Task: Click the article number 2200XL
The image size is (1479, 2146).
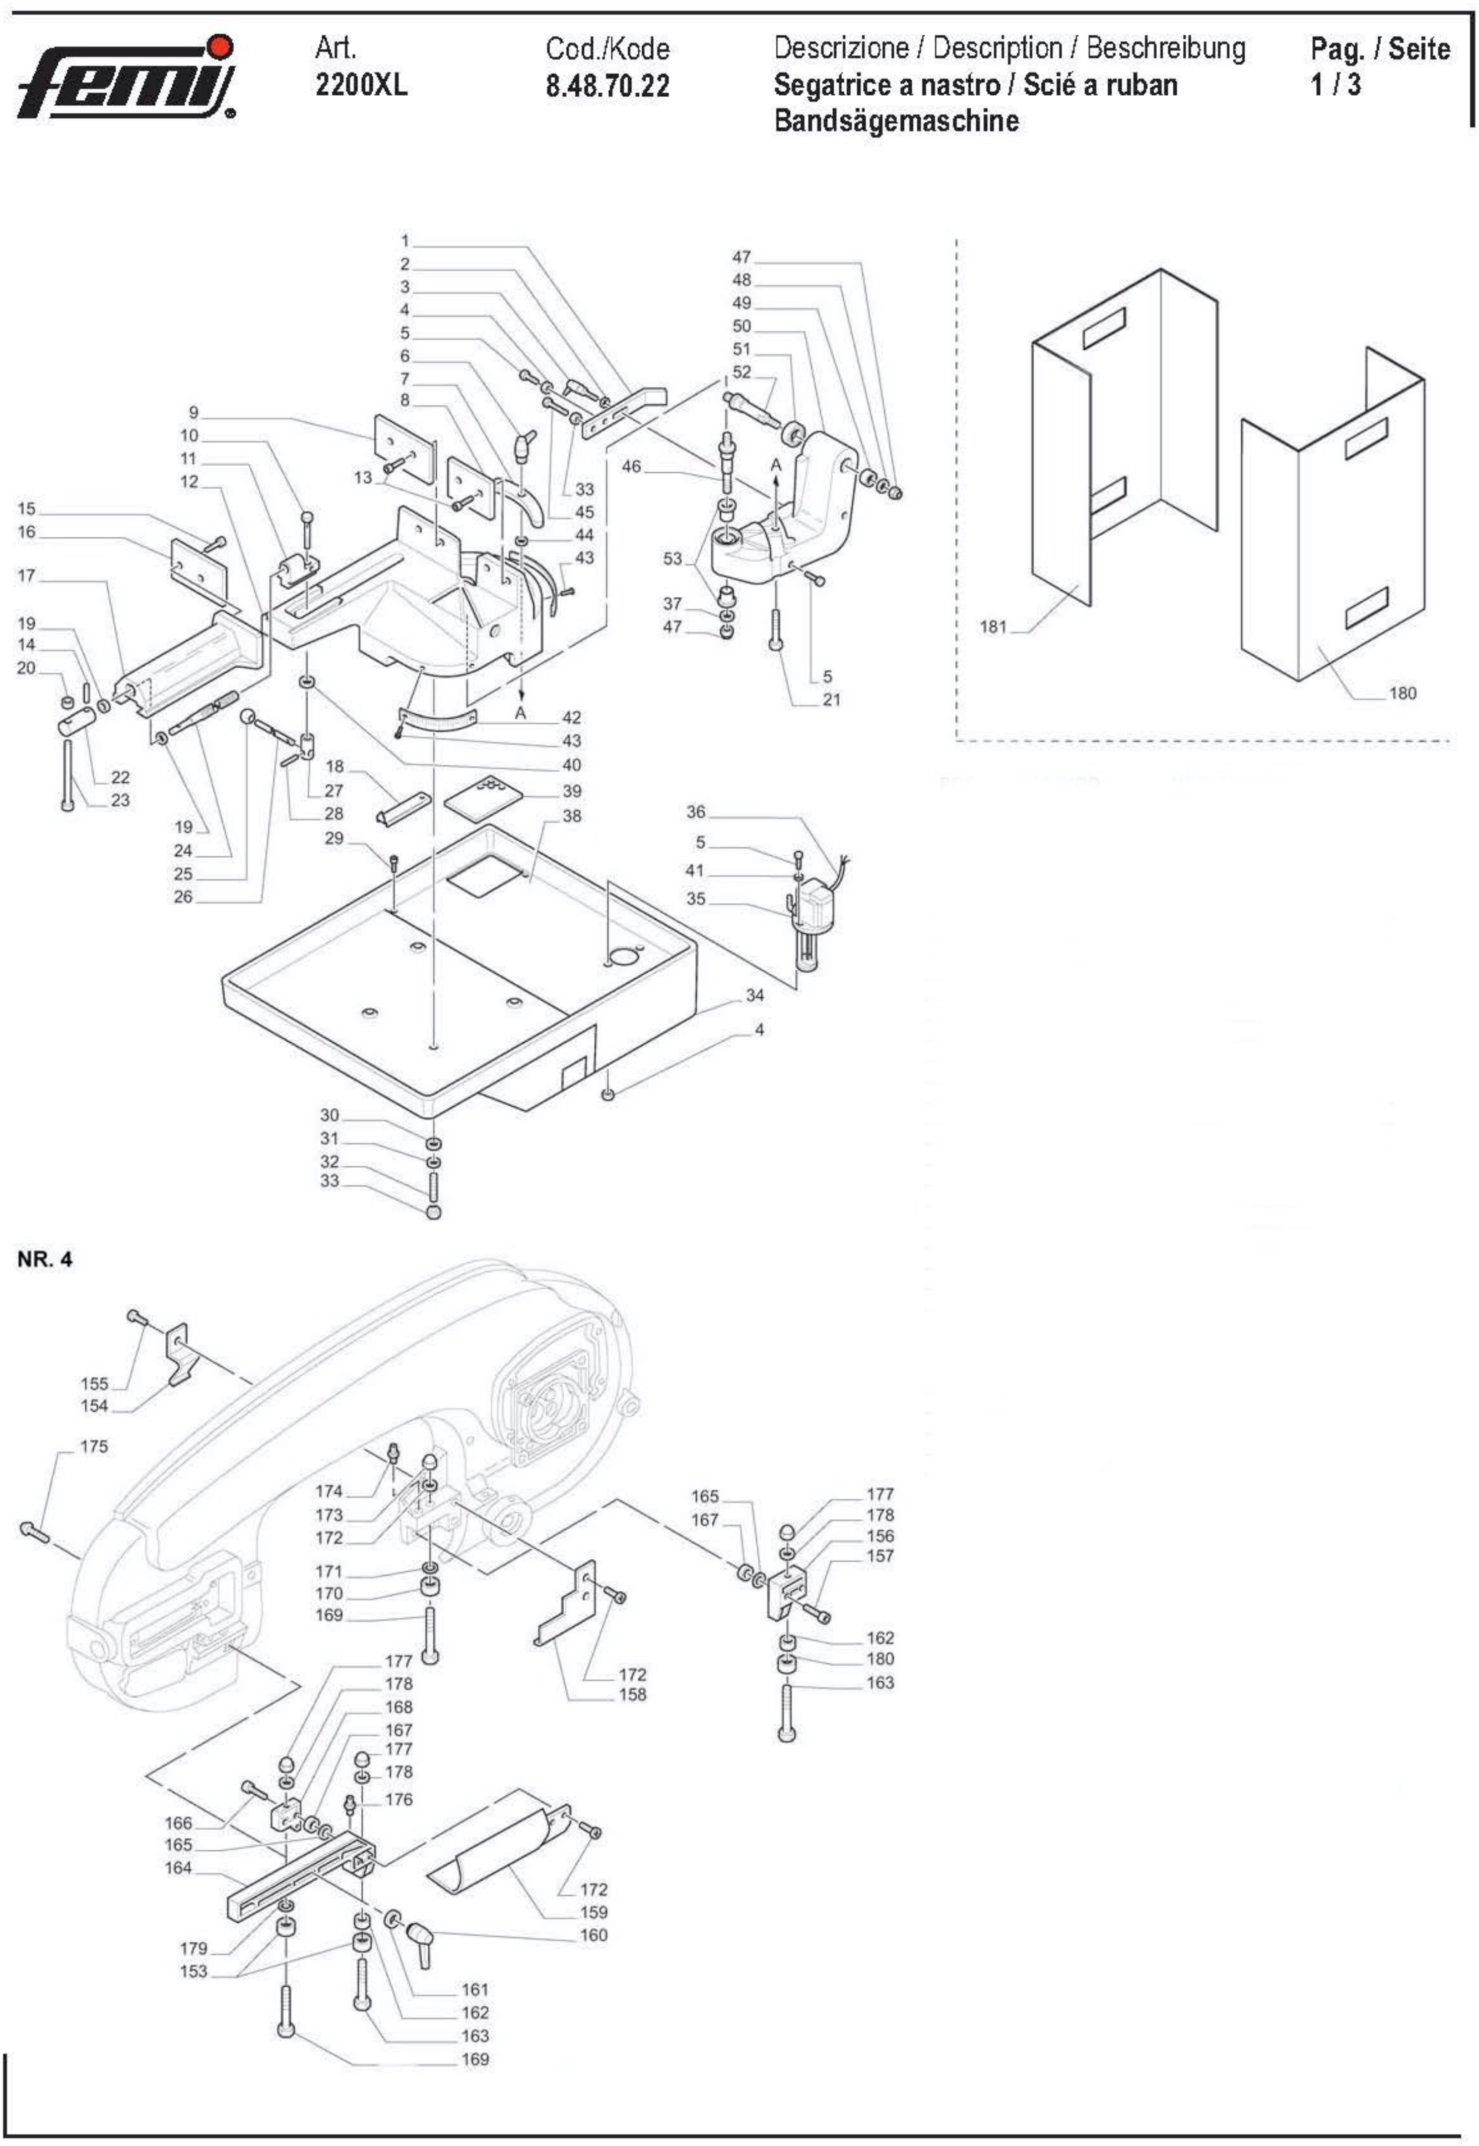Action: pos(361,85)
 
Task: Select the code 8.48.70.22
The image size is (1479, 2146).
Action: pos(607,86)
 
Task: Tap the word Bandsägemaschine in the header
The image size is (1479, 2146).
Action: pos(896,120)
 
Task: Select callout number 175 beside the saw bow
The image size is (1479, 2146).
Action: pos(94,1446)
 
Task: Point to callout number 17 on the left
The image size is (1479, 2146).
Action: pos(26,576)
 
